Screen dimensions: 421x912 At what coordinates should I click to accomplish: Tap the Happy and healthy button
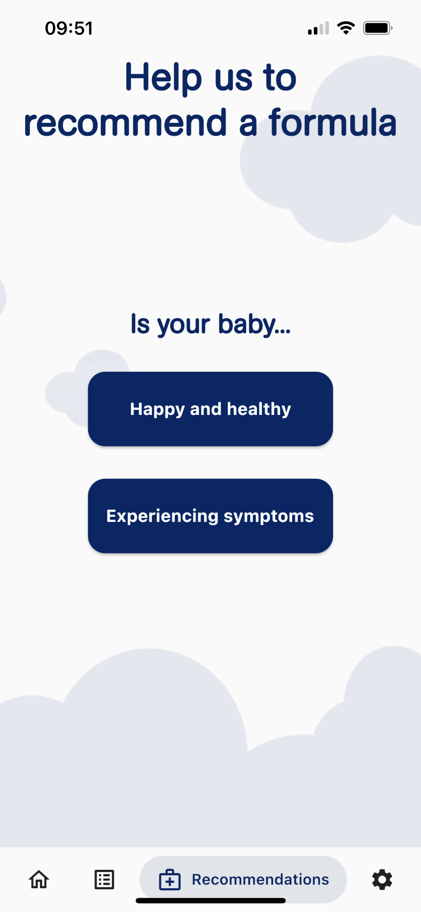coord(210,409)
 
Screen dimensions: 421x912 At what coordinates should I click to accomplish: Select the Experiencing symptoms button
coord(210,516)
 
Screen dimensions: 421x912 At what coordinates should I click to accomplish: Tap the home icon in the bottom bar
coord(39,879)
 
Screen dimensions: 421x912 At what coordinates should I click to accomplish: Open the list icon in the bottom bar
coord(104,879)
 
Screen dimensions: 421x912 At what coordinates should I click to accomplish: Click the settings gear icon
coord(382,879)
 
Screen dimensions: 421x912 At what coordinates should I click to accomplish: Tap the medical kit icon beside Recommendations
coord(170,879)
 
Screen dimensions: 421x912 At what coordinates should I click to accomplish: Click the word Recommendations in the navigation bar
coord(260,879)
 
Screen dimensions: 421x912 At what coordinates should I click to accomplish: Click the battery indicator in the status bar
coord(378,28)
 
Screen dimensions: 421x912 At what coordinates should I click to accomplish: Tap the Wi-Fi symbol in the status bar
coord(346,28)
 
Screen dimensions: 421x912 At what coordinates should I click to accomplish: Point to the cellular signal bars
coord(318,28)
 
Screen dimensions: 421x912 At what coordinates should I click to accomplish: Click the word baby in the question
coord(254,324)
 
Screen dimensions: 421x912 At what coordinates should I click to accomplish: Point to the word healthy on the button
coord(259,409)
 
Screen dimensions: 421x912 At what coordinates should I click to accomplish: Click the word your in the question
coord(184,325)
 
